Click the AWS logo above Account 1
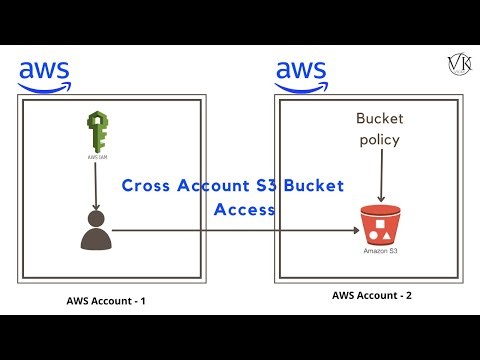click(x=44, y=74)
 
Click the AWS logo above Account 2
click(x=302, y=74)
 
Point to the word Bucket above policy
click(x=380, y=119)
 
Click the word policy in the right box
click(x=380, y=139)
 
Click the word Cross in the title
click(x=143, y=187)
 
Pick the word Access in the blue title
click(x=244, y=211)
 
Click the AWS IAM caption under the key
click(x=97, y=158)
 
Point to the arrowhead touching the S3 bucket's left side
click(x=355, y=231)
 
